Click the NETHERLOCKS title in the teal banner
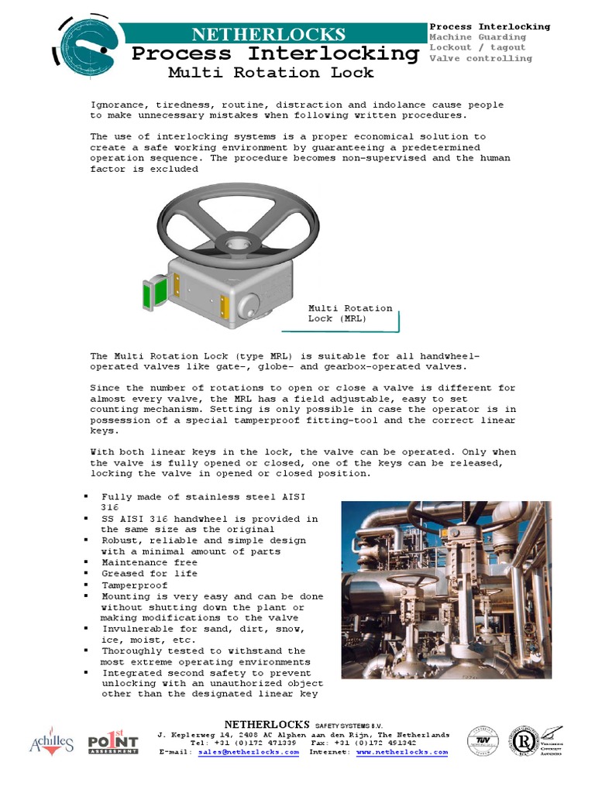coord(269,34)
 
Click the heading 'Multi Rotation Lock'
coord(270,73)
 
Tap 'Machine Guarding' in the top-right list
coord(477,37)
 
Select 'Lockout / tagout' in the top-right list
coord(477,47)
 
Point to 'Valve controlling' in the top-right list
coord(480,58)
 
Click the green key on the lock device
coord(147,294)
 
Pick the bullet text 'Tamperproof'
coord(133,585)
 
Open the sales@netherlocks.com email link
coord(248,752)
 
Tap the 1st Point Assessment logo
coord(112,743)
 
